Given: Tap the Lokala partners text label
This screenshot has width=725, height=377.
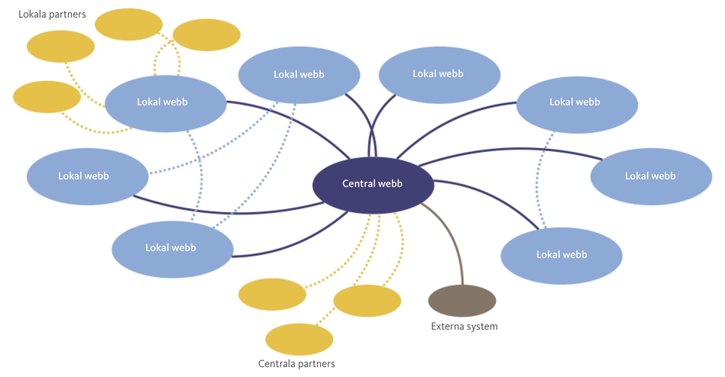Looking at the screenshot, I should [52, 14].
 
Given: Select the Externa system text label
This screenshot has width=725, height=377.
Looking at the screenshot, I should [464, 326].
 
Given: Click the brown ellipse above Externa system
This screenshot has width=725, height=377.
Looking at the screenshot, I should [462, 300].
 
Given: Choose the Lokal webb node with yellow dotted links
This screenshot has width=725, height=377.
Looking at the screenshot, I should [164, 102].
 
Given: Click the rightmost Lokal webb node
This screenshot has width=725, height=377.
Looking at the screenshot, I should [650, 176].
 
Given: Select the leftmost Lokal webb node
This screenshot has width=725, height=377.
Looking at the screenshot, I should [86, 176].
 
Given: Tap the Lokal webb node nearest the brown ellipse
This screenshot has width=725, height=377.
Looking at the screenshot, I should [561, 254].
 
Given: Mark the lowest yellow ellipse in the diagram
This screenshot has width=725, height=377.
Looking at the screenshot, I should [298, 339].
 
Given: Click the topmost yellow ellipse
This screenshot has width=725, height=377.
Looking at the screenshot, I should [128, 24].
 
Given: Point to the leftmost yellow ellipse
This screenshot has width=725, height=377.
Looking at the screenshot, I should [47, 96].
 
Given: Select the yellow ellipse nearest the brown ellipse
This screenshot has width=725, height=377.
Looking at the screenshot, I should [366, 301].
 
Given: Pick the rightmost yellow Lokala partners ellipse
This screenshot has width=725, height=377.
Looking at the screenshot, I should [207, 35].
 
